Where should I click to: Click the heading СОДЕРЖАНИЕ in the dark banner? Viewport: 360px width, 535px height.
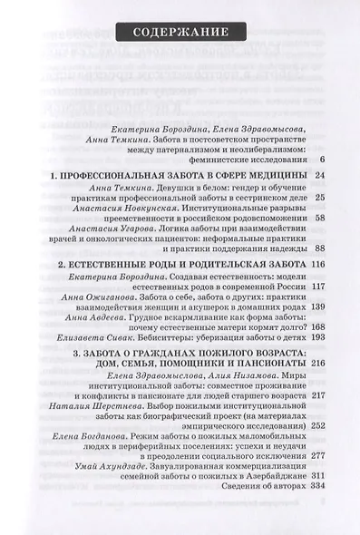tap(180, 33)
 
